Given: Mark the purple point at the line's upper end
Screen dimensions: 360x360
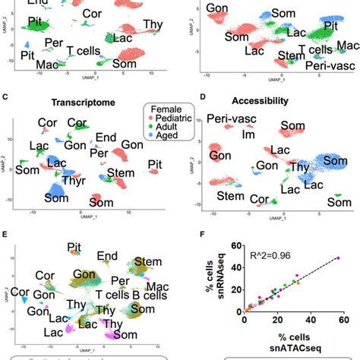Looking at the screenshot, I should point(338,259).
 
